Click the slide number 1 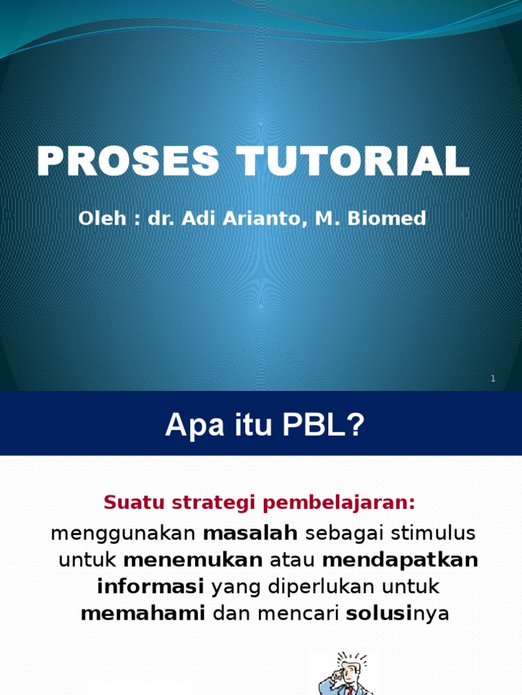coord(493,379)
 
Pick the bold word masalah coord(251,533)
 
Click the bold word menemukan coord(193,560)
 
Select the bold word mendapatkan coord(400,560)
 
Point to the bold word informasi coord(151,586)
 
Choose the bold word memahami coord(143,614)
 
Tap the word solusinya coord(398,614)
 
